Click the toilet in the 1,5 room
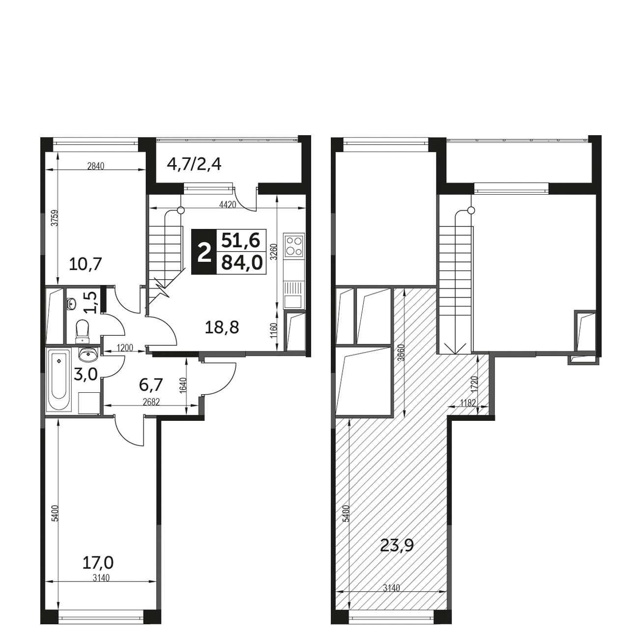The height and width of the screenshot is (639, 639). pyautogui.click(x=82, y=331)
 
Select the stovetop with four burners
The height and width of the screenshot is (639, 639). pyautogui.click(x=294, y=246)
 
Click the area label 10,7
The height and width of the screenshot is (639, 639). pyautogui.click(x=85, y=264)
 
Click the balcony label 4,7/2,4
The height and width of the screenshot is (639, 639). pyautogui.click(x=194, y=164)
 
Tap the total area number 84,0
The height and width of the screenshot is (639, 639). pyautogui.click(x=242, y=263)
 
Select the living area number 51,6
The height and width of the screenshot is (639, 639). pyautogui.click(x=241, y=240)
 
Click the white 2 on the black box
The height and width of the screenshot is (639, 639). pyautogui.click(x=204, y=252)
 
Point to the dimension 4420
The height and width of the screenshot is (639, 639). pyautogui.click(x=228, y=204)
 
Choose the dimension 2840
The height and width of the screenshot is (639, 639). pyautogui.click(x=95, y=166)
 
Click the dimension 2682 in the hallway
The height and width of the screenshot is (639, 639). pyautogui.click(x=151, y=402)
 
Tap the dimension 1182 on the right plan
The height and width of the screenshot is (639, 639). pyautogui.click(x=468, y=403)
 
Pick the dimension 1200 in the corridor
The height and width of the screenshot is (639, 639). pyautogui.click(x=125, y=348)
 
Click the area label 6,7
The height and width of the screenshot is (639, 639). pyautogui.click(x=150, y=384)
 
